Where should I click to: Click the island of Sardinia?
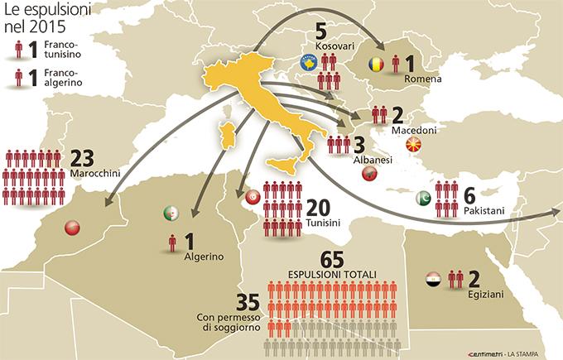224,136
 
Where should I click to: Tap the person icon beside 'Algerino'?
172,242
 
